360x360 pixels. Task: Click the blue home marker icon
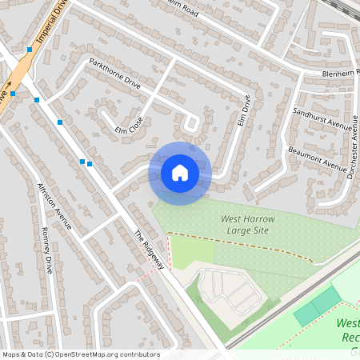180,173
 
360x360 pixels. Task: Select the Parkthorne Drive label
114,74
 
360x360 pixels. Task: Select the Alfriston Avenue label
54,206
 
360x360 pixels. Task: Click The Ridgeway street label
149,249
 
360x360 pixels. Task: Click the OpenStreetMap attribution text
80,354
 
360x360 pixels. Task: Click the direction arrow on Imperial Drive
10,85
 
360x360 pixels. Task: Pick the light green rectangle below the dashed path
192,253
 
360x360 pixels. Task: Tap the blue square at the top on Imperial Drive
30,50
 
